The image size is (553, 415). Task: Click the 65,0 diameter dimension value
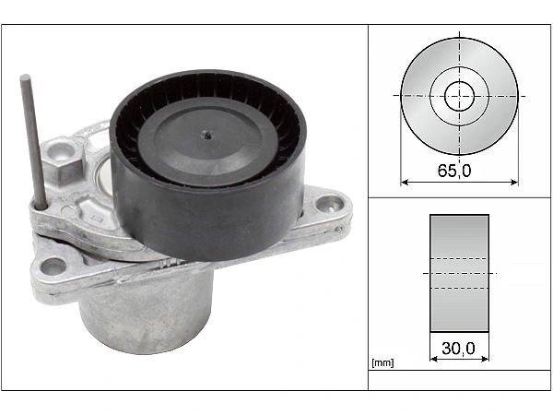(453, 171)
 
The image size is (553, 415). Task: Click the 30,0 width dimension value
(458, 349)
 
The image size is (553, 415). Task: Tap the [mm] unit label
(382, 362)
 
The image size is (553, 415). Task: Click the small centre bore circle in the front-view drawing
(459, 96)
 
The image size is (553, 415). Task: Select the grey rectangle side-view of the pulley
(459, 274)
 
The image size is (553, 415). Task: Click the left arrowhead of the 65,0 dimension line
(405, 183)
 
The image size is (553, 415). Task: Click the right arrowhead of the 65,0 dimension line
(514, 183)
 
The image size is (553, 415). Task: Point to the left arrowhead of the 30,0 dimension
(434, 359)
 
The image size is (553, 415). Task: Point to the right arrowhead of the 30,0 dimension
(485, 359)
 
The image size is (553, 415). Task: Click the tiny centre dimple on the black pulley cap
(207, 136)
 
